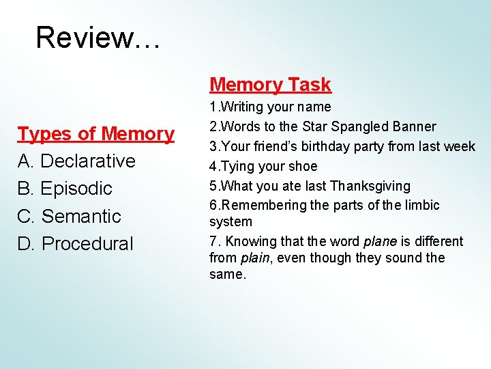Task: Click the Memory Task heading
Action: (x=270, y=85)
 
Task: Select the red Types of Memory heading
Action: (x=95, y=134)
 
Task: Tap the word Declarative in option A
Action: (x=89, y=161)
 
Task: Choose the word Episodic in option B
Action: (x=76, y=189)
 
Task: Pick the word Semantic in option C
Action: (x=81, y=216)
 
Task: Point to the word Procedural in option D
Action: (x=88, y=243)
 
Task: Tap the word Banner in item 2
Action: (x=415, y=127)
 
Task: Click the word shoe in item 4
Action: (x=304, y=166)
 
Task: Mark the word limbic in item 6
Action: (x=421, y=205)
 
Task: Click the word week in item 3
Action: (x=460, y=146)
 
